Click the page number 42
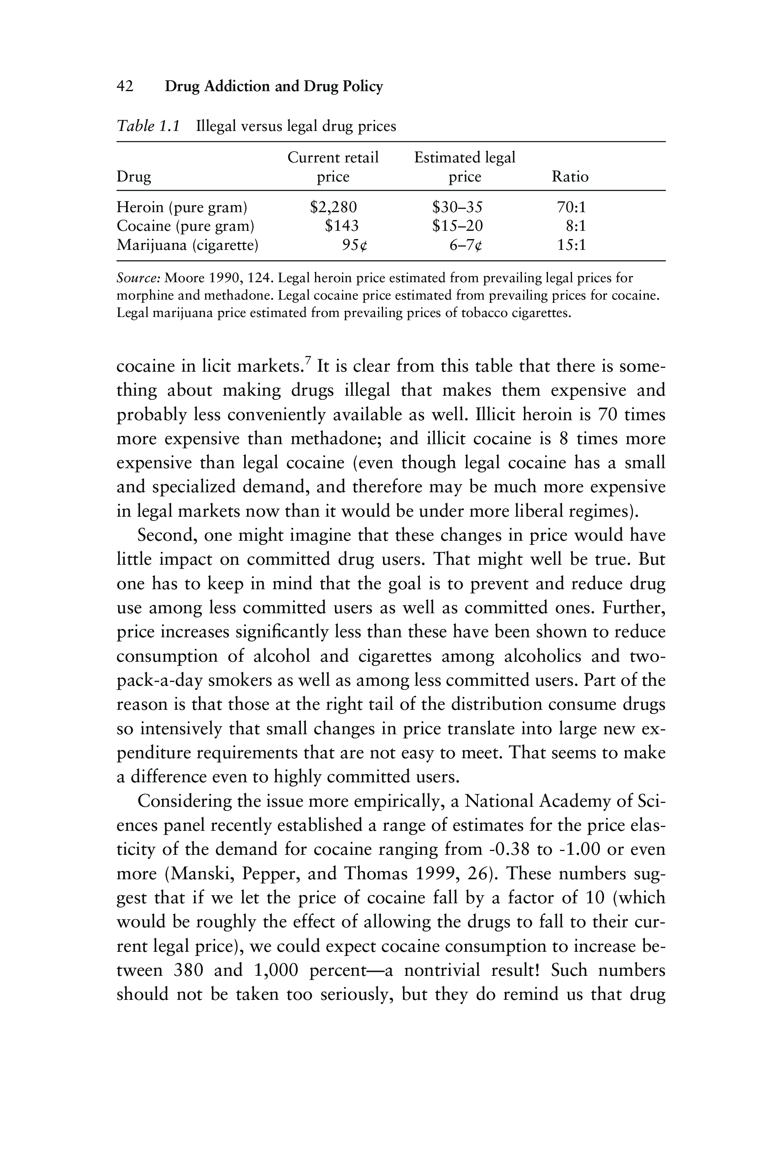tap(125, 87)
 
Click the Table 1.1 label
tap(148, 127)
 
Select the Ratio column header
tap(570, 177)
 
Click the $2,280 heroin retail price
tap(333, 207)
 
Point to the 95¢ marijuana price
tap(354, 245)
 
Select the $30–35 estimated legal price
tap(457, 207)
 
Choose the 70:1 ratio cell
tap(571, 207)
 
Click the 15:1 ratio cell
tap(571, 245)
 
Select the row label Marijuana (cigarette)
tap(187, 245)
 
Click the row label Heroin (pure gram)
tap(182, 207)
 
